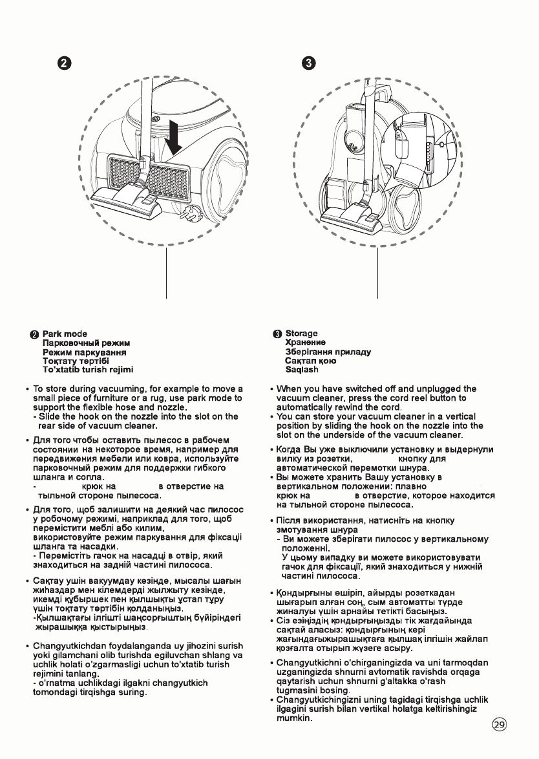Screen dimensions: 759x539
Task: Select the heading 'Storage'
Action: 302,334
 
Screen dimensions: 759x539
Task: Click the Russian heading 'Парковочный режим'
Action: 87,343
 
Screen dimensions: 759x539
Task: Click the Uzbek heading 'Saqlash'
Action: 302,370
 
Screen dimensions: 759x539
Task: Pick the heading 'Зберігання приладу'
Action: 328,352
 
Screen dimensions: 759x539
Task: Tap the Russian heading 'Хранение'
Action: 305,343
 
